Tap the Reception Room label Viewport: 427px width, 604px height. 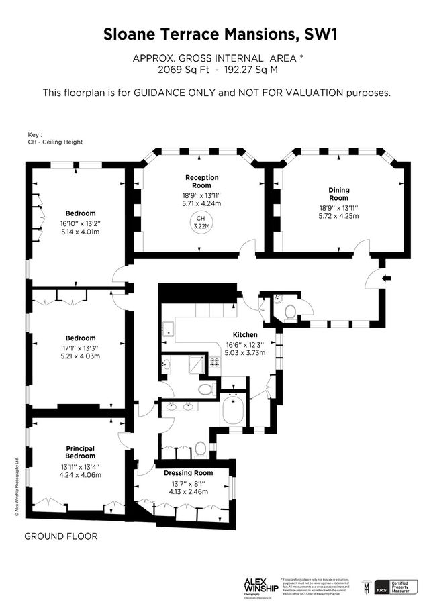tap(202, 181)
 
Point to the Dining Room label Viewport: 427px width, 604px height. tap(339, 194)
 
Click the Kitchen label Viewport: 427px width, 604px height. tap(245, 334)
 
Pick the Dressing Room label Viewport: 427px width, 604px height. tap(189, 473)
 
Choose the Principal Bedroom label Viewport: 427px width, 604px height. tap(80, 452)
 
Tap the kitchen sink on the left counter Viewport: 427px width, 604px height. tap(168, 328)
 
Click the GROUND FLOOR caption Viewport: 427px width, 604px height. tap(61, 536)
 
